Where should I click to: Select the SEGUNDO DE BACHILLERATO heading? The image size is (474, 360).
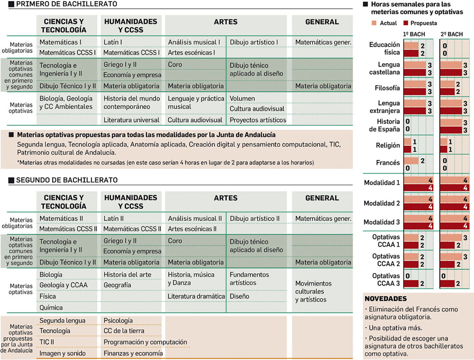coord(67,180)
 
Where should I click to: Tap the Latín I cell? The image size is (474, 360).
coord(113,42)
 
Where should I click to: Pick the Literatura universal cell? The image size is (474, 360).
coord(131,120)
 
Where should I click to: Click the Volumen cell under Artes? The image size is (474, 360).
coord(242,98)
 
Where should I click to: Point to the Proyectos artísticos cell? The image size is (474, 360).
coord(258,120)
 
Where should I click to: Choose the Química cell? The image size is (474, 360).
coord(51,307)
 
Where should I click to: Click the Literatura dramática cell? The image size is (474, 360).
coord(196,296)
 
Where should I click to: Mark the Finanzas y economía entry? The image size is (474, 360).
coord(133,353)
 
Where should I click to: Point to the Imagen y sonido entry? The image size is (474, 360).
coord(63,353)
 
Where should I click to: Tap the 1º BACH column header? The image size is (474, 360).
coord(414,34)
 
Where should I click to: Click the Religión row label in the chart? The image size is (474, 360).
coord(388,145)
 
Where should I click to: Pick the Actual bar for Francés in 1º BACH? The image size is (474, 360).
coord(411,161)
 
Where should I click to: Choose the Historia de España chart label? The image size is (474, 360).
coord(384,125)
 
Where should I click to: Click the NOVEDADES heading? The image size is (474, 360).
coord(385,299)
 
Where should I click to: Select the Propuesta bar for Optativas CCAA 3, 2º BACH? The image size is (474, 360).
coord(447,283)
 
